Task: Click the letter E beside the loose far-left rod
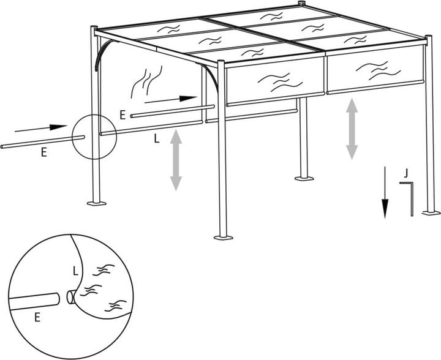(43, 154)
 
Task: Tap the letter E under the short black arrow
(123, 114)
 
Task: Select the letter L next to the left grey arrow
(156, 139)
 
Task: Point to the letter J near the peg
(405, 173)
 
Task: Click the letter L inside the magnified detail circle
(75, 270)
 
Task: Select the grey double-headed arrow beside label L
(176, 159)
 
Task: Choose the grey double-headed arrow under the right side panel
(352, 129)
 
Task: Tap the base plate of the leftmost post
(96, 202)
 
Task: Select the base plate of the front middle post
(223, 236)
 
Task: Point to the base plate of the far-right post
(431, 212)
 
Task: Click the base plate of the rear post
(304, 178)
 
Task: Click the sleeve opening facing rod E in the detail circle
(70, 297)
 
